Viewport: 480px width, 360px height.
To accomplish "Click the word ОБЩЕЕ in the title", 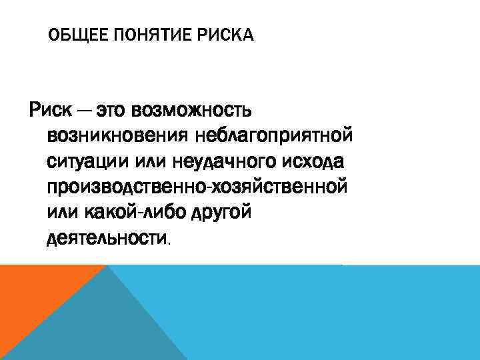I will [x=73, y=35].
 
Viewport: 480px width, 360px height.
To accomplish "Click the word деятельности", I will [x=107, y=238].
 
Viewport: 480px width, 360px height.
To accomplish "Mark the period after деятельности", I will [x=169, y=243].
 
